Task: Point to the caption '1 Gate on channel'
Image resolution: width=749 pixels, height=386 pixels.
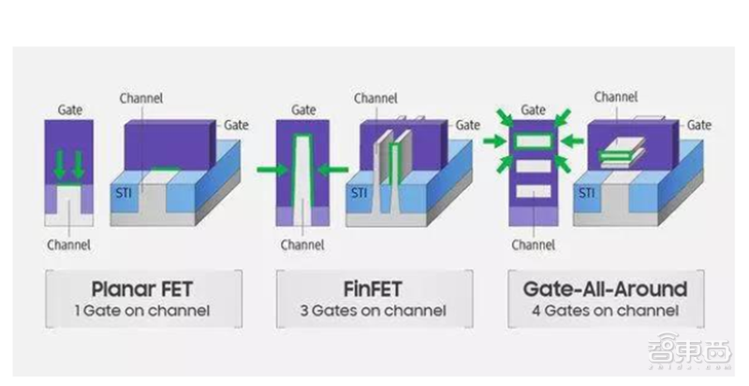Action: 143,310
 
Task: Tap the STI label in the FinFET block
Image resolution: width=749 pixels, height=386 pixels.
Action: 360,194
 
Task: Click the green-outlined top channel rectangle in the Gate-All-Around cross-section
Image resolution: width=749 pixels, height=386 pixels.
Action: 533,142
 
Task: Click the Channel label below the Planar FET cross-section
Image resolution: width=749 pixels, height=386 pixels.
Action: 68,246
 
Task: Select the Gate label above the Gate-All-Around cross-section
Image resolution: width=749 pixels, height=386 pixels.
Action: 533,110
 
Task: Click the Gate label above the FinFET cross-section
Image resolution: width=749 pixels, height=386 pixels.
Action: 301,110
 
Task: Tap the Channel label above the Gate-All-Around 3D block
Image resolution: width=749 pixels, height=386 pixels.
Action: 616,96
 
